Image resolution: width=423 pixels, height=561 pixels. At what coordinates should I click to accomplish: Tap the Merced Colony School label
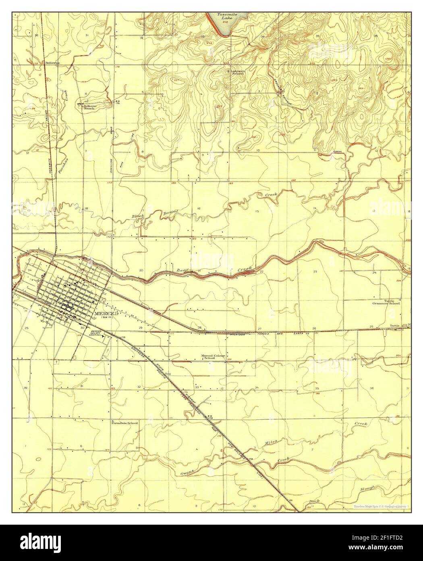214,357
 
